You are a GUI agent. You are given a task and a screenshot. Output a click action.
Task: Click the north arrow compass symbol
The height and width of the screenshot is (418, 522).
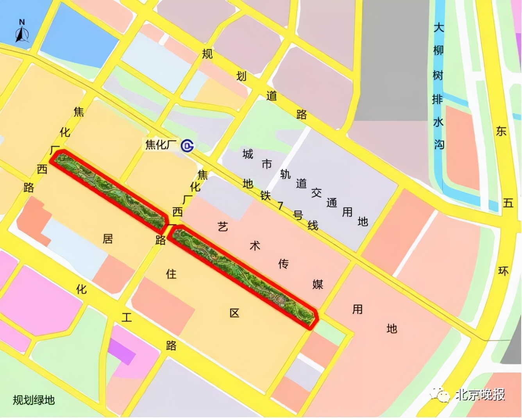(x=22, y=32)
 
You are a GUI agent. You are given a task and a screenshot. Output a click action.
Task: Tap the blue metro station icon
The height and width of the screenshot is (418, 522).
(x=188, y=146)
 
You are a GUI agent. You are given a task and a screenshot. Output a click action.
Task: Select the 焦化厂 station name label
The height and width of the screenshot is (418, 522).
(x=161, y=145)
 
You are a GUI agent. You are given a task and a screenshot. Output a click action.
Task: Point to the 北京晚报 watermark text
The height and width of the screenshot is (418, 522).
(x=480, y=395)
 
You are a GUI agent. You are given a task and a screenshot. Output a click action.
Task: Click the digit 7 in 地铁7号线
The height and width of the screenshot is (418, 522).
(x=281, y=205)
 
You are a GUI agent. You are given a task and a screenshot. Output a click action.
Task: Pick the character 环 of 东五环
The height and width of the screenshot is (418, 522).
(x=503, y=271)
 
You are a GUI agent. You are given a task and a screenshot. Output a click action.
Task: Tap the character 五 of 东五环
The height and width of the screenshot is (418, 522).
(x=508, y=203)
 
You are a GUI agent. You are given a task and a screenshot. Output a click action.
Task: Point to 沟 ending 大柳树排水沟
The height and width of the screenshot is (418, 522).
(x=439, y=145)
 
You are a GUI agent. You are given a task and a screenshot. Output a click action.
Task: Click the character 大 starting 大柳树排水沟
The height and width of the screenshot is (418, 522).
(x=439, y=27)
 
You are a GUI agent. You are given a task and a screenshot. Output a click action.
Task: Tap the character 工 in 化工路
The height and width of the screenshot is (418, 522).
(x=126, y=317)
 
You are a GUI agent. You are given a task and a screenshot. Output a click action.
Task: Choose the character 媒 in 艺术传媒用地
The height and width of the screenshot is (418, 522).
(x=318, y=284)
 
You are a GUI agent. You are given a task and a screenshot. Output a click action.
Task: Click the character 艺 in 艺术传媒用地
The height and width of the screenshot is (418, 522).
(x=223, y=227)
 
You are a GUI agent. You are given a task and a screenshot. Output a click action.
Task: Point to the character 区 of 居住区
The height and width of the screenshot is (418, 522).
(x=234, y=313)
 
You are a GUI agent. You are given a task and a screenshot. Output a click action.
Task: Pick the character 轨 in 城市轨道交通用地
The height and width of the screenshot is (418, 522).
(x=285, y=174)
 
